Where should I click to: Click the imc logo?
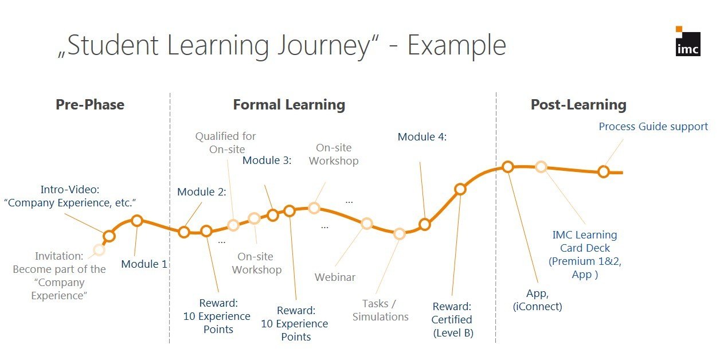[688, 41]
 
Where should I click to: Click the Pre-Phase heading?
[90, 105]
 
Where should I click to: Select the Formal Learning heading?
[289, 105]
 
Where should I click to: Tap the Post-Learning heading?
[578, 105]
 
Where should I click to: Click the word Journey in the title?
[328, 46]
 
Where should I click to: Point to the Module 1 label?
[144, 264]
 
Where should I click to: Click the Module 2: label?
[202, 192]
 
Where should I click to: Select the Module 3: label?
[267, 161]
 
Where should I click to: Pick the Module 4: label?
[422, 137]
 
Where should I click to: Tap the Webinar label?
[335, 277]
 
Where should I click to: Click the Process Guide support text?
[653, 127]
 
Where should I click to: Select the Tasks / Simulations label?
[380, 310]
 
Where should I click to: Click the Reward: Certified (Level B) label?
[452, 319]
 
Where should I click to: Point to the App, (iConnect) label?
[538, 300]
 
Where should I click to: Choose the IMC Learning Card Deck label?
[585, 255]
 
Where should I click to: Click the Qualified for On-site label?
[226, 143]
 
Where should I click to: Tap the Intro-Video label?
[70, 196]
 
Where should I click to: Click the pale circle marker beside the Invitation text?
[99, 250]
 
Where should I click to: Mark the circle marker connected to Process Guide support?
[604, 171]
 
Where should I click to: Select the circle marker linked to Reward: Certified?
[460, 189]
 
